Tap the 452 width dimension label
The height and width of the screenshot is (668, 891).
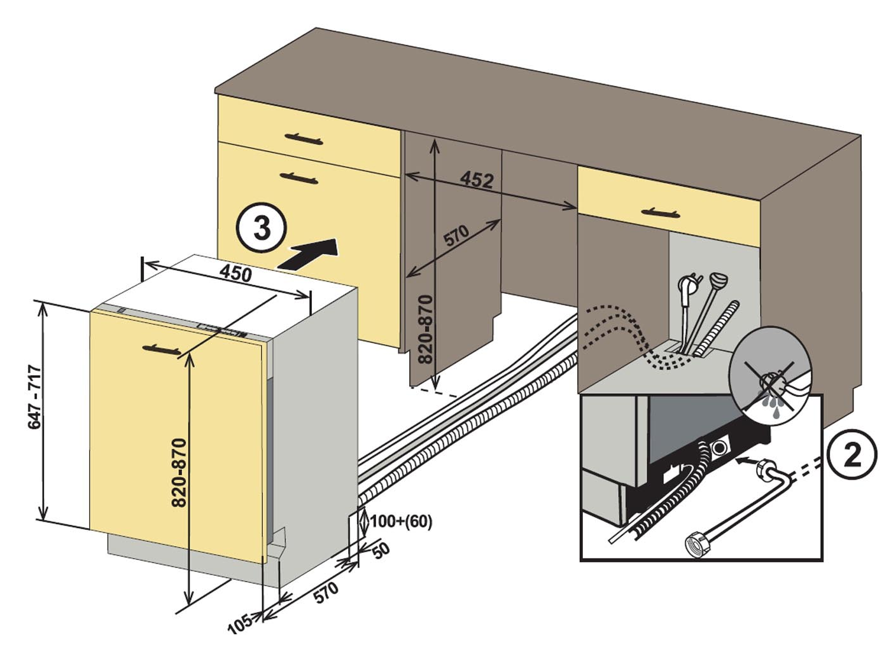[x=477, y=179]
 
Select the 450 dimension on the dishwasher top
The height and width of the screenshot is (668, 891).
[x=236, y=273]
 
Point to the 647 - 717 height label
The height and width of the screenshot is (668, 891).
[x=34, y=397]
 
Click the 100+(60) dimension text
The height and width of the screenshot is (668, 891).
[x=401, y=522]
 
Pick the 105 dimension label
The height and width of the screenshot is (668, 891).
[x=239, y=623]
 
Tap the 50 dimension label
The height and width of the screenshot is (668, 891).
[x=380, y=551]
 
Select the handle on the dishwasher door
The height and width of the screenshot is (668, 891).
[x=162, y=349]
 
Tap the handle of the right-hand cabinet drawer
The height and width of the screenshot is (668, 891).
[x=660, y=212]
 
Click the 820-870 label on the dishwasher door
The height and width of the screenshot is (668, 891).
[x=179, y=473]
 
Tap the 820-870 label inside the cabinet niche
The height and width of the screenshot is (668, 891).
[x=425, y=329]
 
